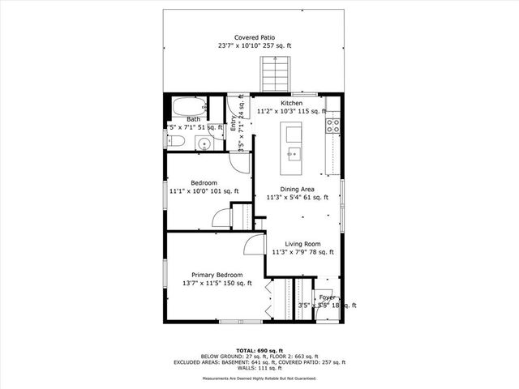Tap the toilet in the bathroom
[x=177, y=141]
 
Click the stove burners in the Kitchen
[x=332, y=125]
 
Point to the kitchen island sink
[x=294, y=152]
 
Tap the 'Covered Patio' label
[x=254, y=38]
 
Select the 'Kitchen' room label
[x=291, y=104]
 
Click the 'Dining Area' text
[x=298, y=189]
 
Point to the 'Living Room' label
[x=302, y=244]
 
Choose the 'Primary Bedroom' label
[x=217, y=276]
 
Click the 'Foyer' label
[x=328, y=297]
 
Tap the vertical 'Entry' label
[x=233, y=124]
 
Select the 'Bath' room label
[x=193, y=119]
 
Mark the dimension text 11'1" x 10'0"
[x=195, y=191]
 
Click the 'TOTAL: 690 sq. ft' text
[x=259, y=348]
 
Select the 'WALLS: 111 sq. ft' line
[x=259, y=369]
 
